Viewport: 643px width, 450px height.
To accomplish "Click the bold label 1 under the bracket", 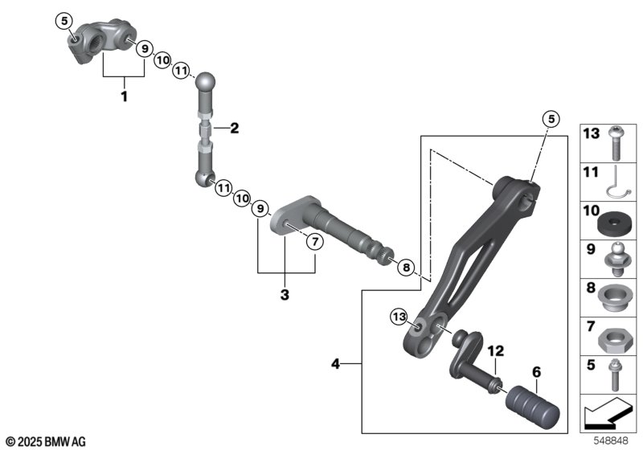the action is [x=124, y=96].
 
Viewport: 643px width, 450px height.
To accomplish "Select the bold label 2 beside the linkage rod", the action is [x=234, y=128].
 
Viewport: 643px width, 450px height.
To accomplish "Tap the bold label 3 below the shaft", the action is [x=285, y=295].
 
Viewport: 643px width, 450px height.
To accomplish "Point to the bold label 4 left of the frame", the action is [x=336, y=364].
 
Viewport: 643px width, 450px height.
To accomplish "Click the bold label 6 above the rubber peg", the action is [x=535, y=371].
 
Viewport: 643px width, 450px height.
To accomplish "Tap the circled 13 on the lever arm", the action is [x=400, y=317].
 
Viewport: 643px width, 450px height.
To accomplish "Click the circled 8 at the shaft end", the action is [x=406, y=268].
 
